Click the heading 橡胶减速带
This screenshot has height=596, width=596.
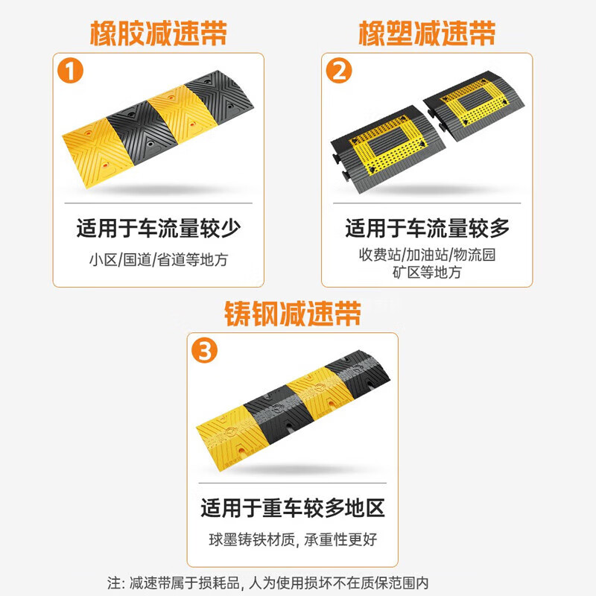coord(158,33)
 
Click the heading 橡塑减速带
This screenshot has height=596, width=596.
coord(427,33)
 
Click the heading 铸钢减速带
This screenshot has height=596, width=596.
coord(293,314)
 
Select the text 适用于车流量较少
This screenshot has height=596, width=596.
coord(158,228)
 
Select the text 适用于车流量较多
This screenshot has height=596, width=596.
coord(427,228)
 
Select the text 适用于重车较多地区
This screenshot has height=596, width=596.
coord(293,509)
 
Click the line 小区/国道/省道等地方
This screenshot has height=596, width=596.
coord(158,260)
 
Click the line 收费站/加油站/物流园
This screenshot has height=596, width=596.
coord(427,255)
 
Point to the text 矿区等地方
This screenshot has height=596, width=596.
coord(427,273)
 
